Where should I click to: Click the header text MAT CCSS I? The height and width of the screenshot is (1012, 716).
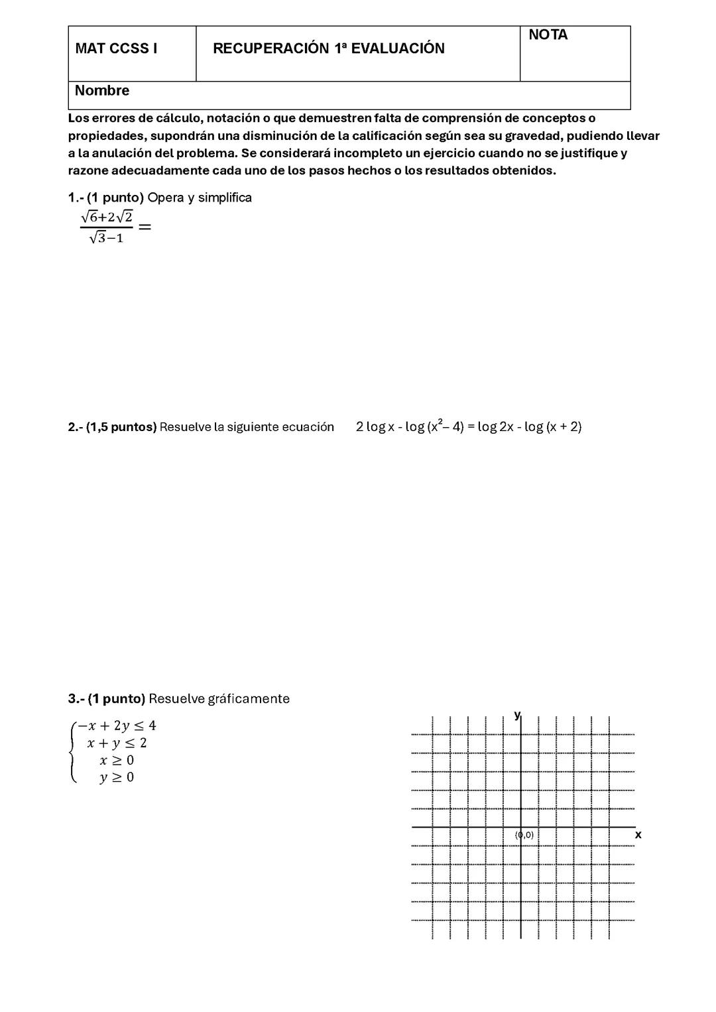coord(116,48)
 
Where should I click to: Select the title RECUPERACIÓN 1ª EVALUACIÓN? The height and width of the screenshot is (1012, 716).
coord(328,48)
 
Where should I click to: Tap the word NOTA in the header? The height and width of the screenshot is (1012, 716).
coord(548,35)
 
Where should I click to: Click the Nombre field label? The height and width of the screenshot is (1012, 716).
coord(102,91)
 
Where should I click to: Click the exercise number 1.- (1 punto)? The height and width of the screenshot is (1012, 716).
coord(105,198)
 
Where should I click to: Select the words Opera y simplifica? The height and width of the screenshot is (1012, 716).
coord(200,198)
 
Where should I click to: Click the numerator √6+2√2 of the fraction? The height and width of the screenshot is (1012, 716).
coord(106,216)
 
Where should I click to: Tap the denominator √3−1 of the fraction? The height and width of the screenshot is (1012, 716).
coord(106,238)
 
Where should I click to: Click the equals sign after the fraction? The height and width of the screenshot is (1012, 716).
coord(145,227)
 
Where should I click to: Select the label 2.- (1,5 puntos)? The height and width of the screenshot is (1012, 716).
coord(112,427)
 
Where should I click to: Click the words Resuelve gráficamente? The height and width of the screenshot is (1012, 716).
coord(219,699)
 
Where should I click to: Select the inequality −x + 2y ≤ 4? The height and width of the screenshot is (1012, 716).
coord(117,726)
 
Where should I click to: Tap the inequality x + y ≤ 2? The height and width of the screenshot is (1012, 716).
coord(117,743)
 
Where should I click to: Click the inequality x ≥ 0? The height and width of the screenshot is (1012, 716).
coord(117,760)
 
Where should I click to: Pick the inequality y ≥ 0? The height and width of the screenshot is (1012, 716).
coord(117,777)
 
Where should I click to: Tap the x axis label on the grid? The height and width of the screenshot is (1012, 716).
coord(638,835)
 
